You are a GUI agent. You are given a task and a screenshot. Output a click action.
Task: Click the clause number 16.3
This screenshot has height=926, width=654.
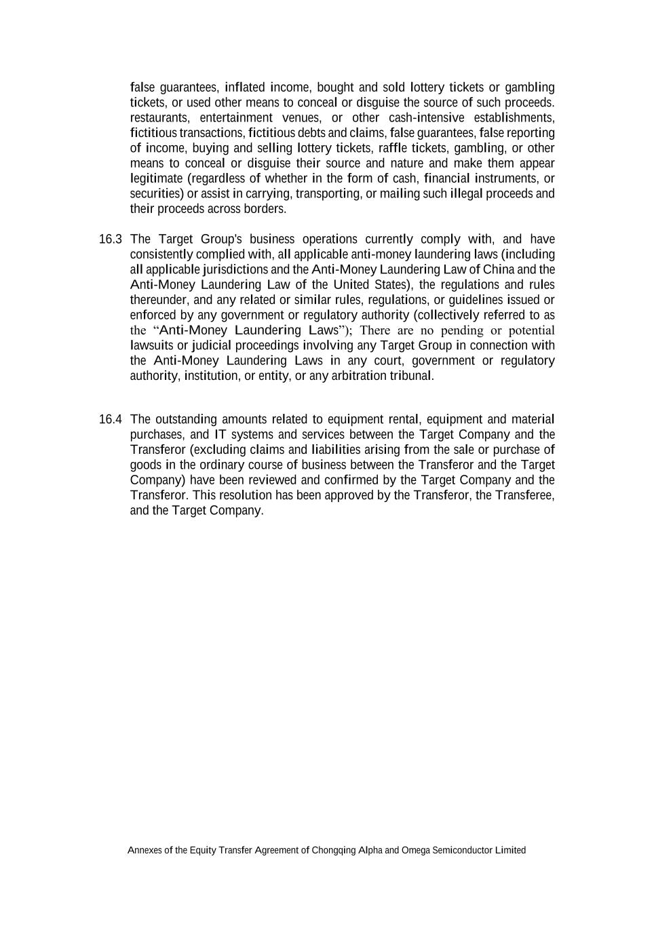(110, 239)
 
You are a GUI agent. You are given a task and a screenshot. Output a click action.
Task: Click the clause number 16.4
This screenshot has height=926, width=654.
(110, 419)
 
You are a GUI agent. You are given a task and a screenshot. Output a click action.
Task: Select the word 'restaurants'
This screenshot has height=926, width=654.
(159, 118)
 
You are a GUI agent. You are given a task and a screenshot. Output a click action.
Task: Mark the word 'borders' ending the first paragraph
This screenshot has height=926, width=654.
(265, 209)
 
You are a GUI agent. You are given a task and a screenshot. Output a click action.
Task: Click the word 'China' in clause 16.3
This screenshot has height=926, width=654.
(499, 270)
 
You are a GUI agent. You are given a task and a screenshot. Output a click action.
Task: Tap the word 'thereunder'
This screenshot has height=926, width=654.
(160, 300)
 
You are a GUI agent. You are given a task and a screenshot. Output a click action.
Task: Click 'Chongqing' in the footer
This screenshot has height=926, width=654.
(333, 851)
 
